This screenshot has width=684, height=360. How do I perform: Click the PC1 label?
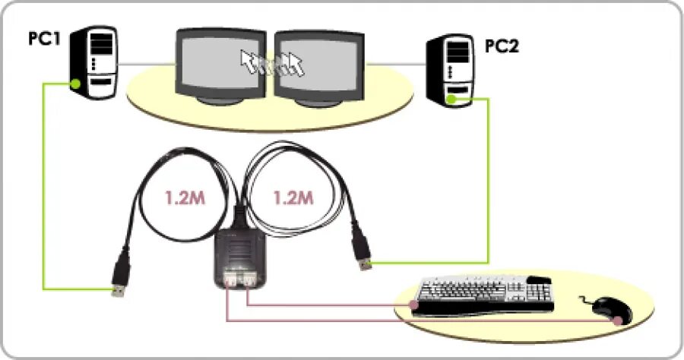[x=45, y=38]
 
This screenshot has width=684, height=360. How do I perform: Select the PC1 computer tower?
[x=92, y=62]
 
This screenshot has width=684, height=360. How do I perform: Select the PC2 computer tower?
[x=455, y=71]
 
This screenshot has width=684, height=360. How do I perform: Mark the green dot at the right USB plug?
[x=371, y=264]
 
